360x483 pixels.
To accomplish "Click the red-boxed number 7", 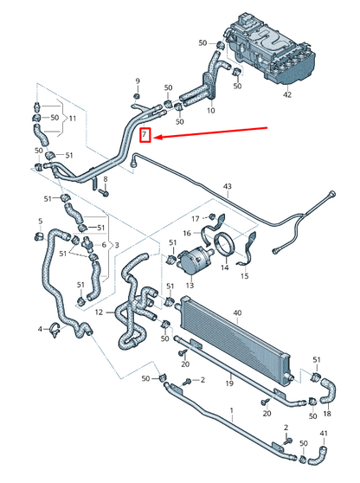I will coord(146,135).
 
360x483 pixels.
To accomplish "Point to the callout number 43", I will coord(228,186).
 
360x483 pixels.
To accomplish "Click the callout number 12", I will coord(100,312).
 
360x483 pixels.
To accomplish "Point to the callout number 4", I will coord(41,329).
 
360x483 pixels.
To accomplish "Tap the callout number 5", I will coord(39,222).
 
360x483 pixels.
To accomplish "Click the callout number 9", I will coord(137,81).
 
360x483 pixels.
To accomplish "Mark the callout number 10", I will coord(211,110).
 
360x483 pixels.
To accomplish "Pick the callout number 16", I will coord(186,234).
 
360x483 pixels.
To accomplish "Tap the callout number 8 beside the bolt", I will coord(106,179).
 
